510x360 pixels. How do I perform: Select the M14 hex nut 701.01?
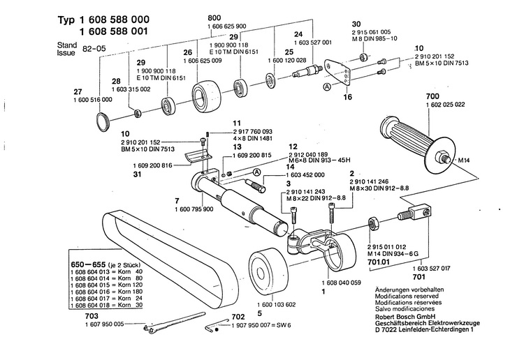pyautogui.click(x=373, y=224)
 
